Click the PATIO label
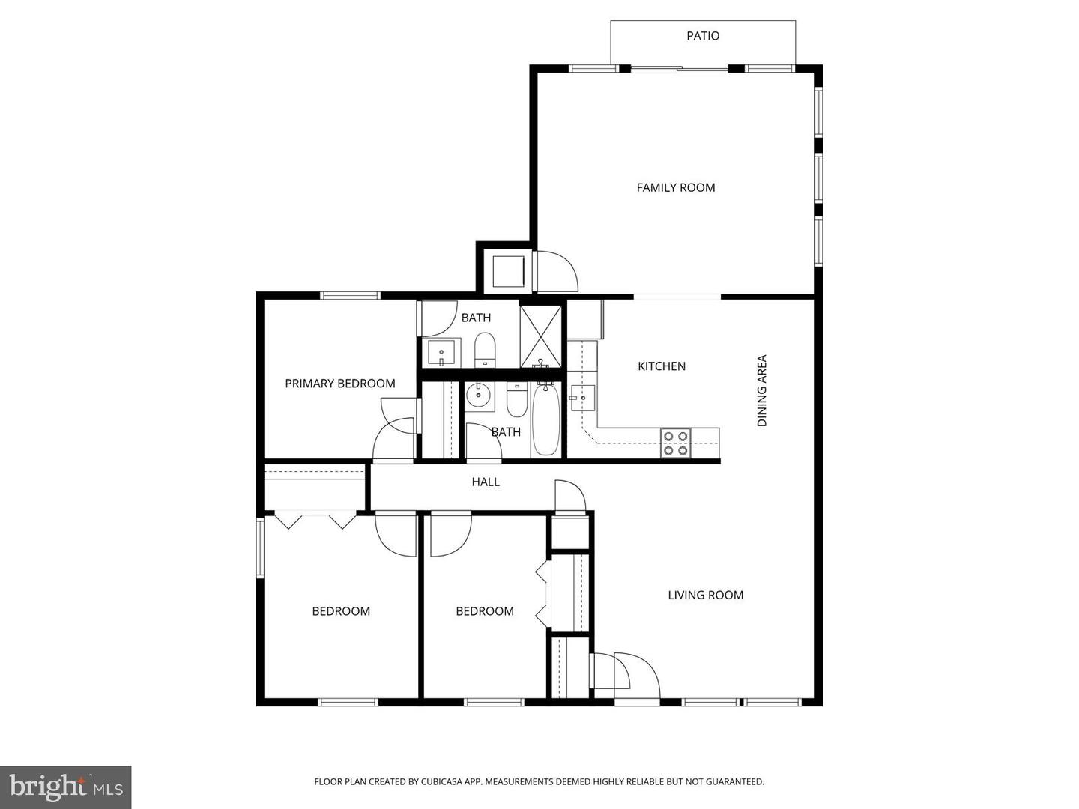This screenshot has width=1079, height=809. [703, 36]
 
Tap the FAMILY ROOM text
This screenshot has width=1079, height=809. [675, 187]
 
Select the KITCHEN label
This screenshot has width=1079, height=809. [661, 366]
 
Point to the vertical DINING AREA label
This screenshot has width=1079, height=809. [762, 391]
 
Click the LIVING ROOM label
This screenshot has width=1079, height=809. [705, 595]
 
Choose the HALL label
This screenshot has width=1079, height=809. [485, 482]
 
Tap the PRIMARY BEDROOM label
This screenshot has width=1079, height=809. [339, 384]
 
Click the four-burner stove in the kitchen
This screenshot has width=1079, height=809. [675, 443]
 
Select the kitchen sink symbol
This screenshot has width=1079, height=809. [582, 398]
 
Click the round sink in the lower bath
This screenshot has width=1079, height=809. [478, 394]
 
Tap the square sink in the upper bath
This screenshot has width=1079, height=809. [444, 352]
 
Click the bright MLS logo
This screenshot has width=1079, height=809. [66, 787]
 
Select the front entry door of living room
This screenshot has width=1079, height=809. [637, 678]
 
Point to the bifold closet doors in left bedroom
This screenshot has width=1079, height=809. [315, 519]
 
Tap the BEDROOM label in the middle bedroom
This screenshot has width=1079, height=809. [484, 611]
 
